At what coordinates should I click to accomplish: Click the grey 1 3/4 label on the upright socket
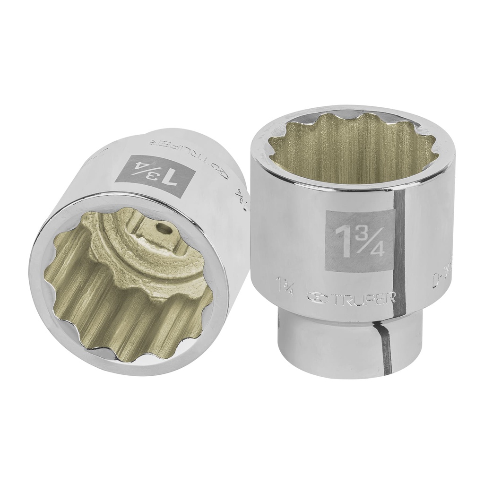click(x=360, y=241)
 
